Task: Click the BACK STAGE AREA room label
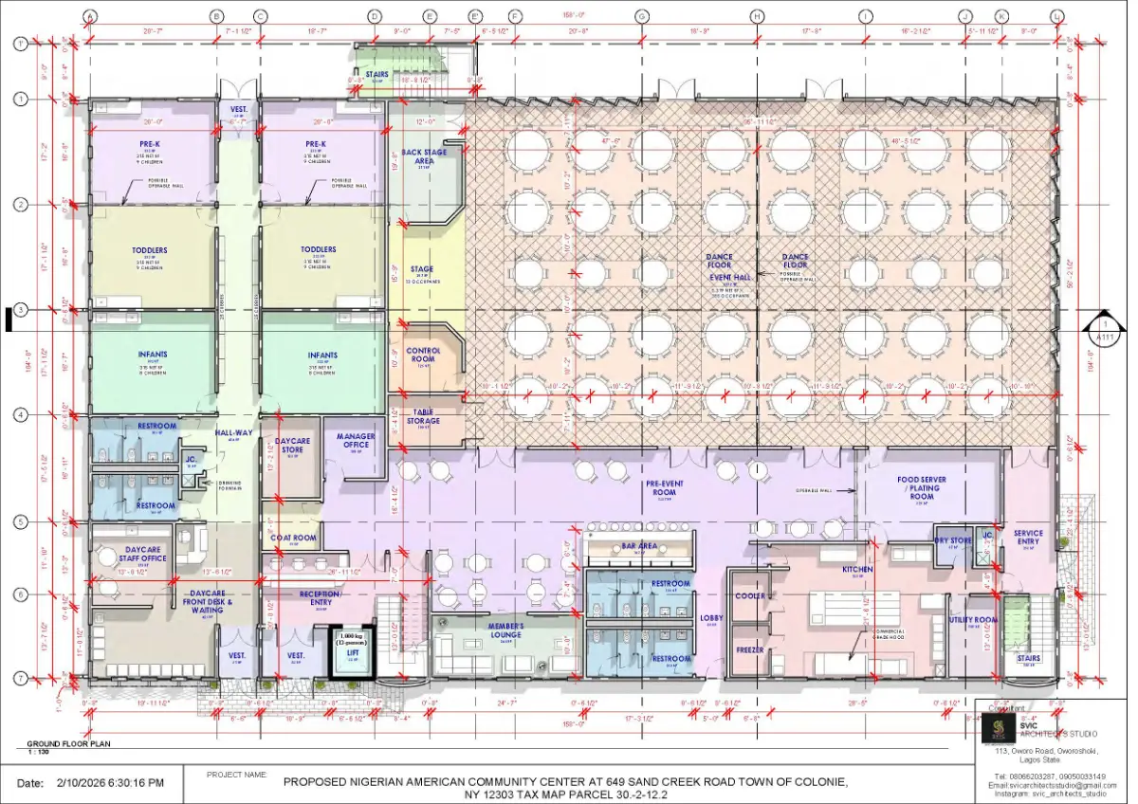tap(424, 156)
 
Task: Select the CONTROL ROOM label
tap(424, 355)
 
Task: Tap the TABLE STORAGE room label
tap(424, 417)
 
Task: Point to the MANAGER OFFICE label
tap(356, 441)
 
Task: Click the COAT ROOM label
tap(293, 539)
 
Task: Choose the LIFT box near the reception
tap(352, 652)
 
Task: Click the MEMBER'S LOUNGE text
tap(506, 630)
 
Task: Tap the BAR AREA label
tap(639, 546)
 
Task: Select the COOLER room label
tap(750, 596)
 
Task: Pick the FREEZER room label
tap(750, 650)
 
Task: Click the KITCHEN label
tap(857, 570)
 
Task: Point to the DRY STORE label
tap(953, 541)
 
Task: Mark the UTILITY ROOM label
tap(973, 619)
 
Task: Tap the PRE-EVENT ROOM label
tap(667, 487)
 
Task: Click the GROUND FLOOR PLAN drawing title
tap(68, 744)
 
